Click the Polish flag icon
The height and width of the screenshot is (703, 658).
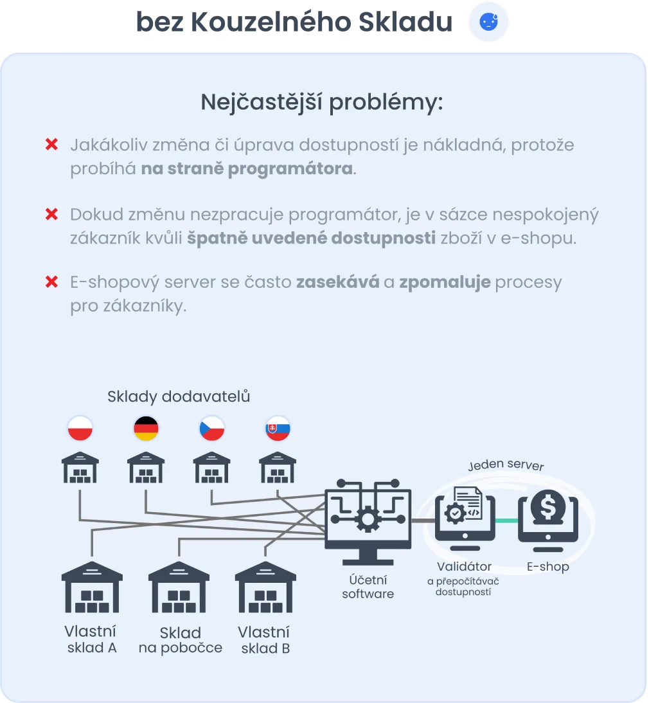click(80, 429)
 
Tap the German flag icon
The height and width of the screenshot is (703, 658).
click(146, 429)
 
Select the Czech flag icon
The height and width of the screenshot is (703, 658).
click(211, 429)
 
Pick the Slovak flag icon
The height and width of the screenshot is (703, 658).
click(278, 429)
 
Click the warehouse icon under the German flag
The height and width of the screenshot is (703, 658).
click(146, 467)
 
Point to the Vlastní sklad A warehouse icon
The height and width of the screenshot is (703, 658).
click(92, 587)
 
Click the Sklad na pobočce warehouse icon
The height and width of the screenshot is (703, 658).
click(179, 587)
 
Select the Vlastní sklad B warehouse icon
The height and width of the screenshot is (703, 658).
click(265, 587)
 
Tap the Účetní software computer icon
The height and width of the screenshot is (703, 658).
click(368, 521)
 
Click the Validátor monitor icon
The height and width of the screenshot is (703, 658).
click(465, 521)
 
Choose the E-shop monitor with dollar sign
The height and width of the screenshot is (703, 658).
click(548, 521)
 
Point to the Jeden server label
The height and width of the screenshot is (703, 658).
click(506, 465)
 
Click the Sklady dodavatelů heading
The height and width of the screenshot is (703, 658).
click(179, 396)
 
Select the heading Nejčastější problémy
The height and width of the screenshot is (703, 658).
click(322, 102)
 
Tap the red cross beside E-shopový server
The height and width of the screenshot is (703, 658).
click(51, 282)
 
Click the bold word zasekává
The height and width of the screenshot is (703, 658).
click(337, 282)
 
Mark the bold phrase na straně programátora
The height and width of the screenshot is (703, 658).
click(247, 170)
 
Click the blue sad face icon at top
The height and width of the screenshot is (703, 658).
click(488, 22)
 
